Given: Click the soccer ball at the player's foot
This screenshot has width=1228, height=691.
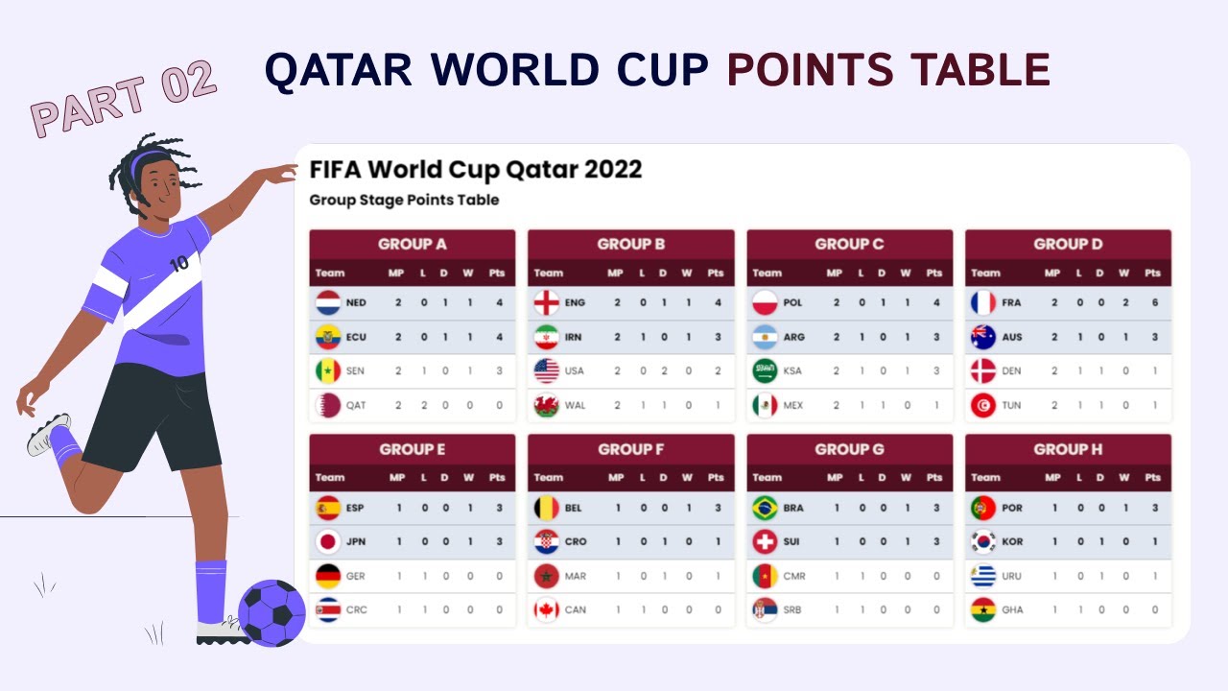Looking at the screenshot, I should [x=272, y=612].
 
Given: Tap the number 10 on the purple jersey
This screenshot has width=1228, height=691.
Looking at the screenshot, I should [x=178, y=263].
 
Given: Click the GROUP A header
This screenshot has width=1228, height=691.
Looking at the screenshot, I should [x=412, y=244].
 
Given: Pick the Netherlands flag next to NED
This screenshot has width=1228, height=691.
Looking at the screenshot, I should [x=328, y=303].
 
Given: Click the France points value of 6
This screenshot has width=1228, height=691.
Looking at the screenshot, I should [x=1155, y=303].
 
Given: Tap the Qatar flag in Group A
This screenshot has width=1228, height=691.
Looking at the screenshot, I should [x=328, y=405].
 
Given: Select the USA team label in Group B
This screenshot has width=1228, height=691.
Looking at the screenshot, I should [x=574, y=371].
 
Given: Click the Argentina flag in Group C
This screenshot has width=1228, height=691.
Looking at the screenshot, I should [x=765, y=337].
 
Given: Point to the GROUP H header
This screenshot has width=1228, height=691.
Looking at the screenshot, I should [x=1067, y=449].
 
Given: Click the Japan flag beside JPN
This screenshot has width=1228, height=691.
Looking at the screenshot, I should [x=328, y=542].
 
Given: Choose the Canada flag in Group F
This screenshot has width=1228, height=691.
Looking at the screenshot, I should [x=547, y=610].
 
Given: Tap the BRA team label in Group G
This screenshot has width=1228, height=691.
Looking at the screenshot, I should [x=793, y=508].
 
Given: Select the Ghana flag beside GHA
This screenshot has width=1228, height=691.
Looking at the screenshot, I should [x=983, y=610].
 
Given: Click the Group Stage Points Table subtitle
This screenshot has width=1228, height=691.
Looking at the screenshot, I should [x=404, y=201].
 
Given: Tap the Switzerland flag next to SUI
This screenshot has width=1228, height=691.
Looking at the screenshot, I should [x=765, y=542].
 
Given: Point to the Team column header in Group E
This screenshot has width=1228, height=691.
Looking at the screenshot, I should [x=330, y=477].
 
